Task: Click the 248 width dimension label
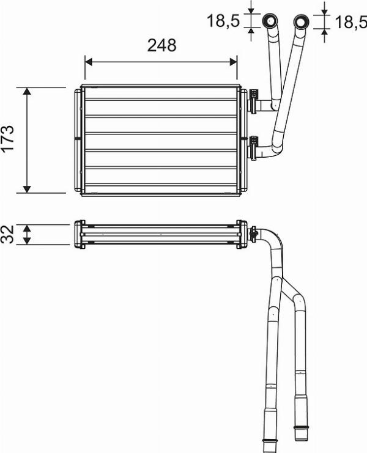pos(161,45)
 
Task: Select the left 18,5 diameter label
pos(222,21)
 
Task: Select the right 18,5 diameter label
pos(349,22)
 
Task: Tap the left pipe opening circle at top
pos(269,23)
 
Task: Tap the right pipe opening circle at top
pos(301,23)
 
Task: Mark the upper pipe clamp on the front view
pos(254,100)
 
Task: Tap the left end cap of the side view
pos(79,234)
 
